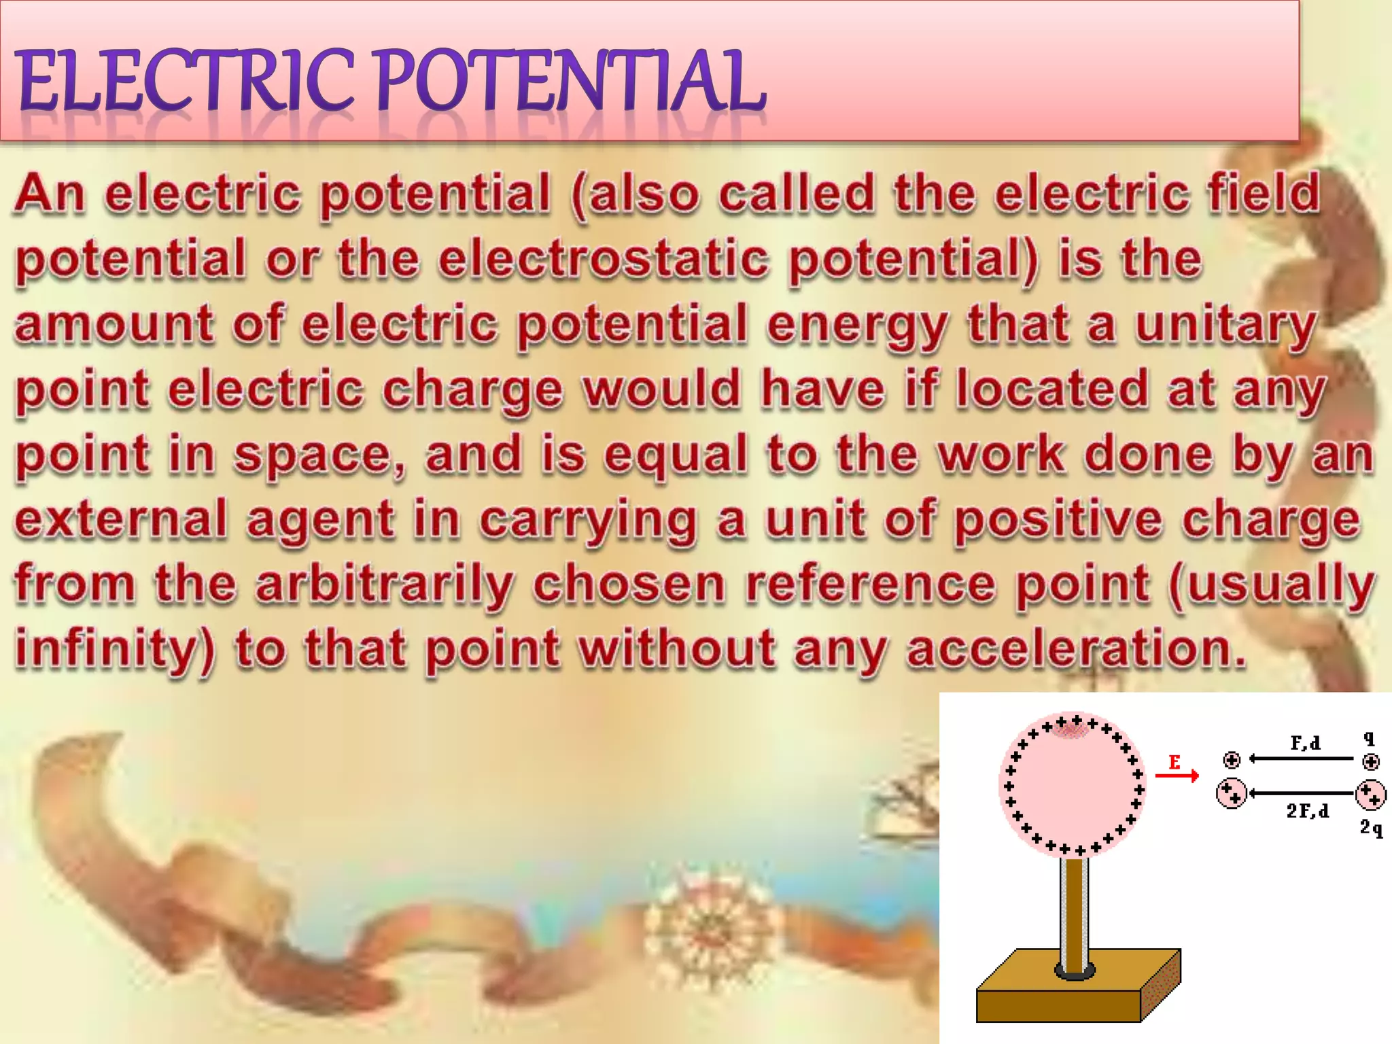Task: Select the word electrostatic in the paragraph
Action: pyautogui.click(x=604, y=259)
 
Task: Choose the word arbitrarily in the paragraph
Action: pyautogui.click(x=385, y=585)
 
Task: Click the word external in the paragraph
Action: pyautogui.click(x=120, y=520)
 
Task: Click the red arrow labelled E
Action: pyautogui.click(x=1177, y=775)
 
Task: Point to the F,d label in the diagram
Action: pyautogui.click(x=1305, y=743)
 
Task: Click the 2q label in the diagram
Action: pyautogui.click(x=1371, y=828)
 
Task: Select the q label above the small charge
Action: pyautogui.click(x=1370, y=739)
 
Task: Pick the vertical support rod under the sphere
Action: pyautogui.click(x=1075, y=911)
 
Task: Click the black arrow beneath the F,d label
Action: pyautogui.click(x=1302, y=759)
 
